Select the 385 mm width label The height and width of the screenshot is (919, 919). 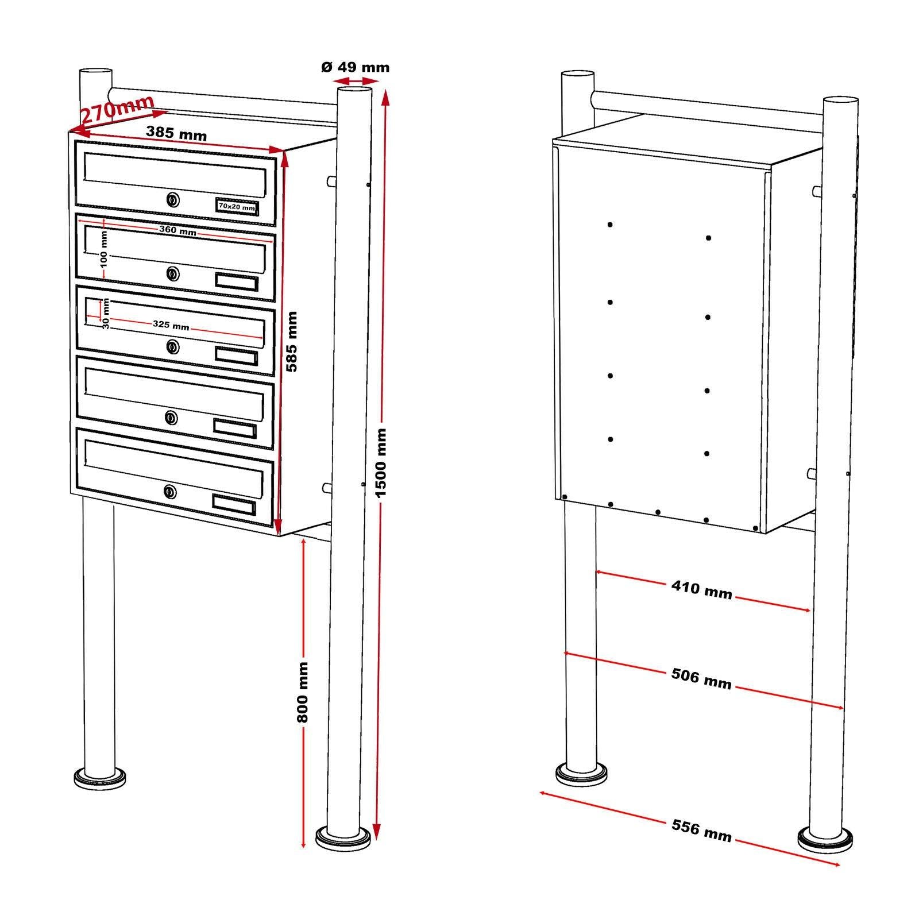pos(176,133)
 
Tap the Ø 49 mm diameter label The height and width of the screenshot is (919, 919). pos(355,67)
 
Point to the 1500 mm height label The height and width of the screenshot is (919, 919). pos(382,462)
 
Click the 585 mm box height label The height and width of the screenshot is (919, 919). pos(292,341)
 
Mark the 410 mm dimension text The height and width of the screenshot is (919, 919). pos(701,589)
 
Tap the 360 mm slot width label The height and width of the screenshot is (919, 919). pos(177,231)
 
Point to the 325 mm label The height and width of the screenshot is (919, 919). pos(171,326)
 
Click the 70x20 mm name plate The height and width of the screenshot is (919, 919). pos(237,206)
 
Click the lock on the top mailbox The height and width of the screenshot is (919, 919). pos(172,200)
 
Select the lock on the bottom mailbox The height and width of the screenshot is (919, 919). pos(170,492)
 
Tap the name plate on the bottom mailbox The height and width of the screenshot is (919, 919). pos(234,504)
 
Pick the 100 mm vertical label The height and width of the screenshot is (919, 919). pos(104,249)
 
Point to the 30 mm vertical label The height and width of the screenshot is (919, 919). pos(106,315)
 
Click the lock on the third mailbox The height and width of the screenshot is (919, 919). pos(171,346)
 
